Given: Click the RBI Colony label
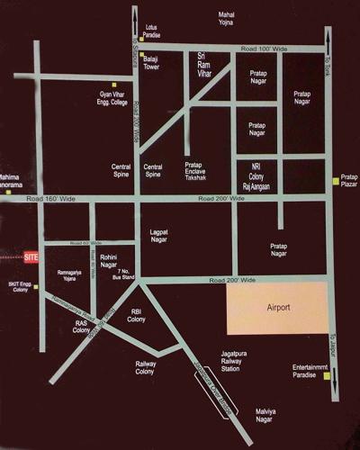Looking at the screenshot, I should pos(137,314).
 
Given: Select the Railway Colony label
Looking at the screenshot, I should pos(146,368).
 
